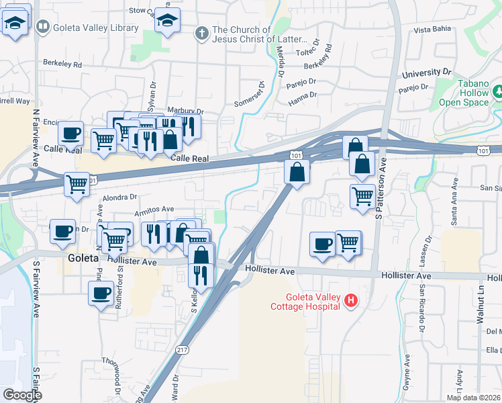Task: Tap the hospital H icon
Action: click(x=350, y=301)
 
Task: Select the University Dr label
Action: click(x=426, y=72)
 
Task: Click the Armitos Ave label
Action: click(x=154, y=210)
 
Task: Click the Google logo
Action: click(x=22, y=395)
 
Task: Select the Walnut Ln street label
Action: click(x=481, y=323)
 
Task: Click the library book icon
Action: click(x=43, y=27)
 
